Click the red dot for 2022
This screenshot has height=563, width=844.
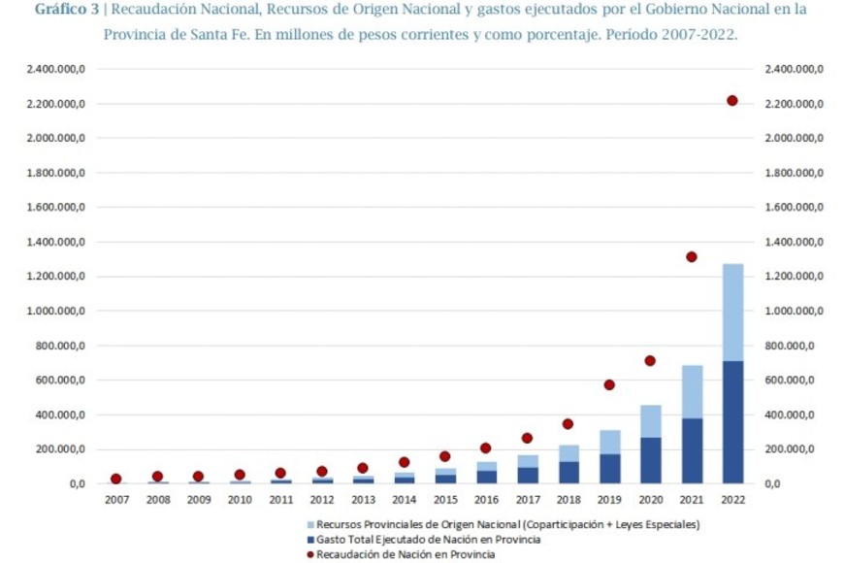tap(732, 101)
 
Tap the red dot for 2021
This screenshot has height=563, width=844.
tap(692, 257)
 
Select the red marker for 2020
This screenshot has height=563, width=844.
tap(650, 361)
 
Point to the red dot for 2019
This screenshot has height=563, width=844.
tap(609, 385)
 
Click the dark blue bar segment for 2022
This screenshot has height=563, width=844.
tap(732, 422)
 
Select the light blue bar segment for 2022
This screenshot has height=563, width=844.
tap(732, 312)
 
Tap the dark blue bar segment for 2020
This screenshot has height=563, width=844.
tap(650, 460)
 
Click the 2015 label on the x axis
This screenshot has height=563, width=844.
tap(445, 500)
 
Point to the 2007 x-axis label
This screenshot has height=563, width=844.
tap(116, 500)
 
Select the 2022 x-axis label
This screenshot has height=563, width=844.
tap(732, 500)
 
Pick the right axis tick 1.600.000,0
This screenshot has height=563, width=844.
tap(794, 208)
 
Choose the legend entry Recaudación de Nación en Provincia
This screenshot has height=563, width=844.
tap(407, 554)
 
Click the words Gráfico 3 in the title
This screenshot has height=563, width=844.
tap(65, 10)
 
